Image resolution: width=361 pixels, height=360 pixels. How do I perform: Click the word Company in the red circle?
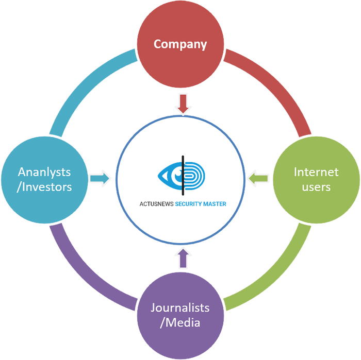tap(180, 44)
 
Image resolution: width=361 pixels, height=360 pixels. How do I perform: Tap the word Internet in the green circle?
tap(316, 172)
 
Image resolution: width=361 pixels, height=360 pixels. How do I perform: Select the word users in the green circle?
tap(316, 186)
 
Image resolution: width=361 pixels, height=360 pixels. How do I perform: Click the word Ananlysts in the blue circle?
tap(44, 172)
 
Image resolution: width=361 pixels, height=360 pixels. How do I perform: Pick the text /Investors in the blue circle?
tap(44, 186)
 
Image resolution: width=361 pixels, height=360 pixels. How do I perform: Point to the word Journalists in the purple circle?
tap(180, 308)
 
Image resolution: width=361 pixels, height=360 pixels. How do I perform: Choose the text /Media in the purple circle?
tap(180, 323)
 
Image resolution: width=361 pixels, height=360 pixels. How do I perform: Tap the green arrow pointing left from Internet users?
tap(258, 179)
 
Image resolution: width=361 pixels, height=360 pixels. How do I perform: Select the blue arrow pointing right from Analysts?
tap(100, 179)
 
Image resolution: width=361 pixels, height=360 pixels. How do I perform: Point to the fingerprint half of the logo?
tap(194, 174)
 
